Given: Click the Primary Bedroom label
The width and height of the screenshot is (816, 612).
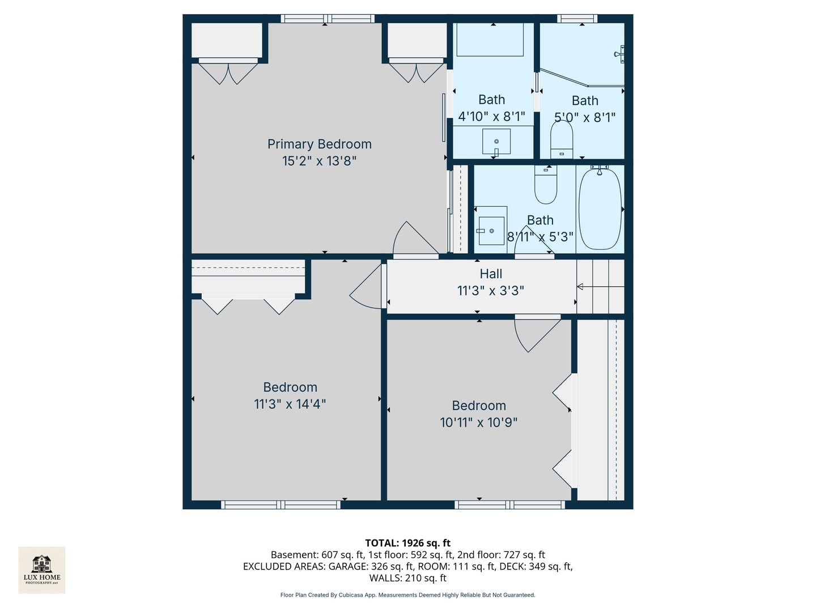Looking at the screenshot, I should point(319,144).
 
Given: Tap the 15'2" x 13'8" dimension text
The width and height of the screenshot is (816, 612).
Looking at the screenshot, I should point(319,161).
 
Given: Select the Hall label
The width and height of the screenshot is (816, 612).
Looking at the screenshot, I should point(491,274).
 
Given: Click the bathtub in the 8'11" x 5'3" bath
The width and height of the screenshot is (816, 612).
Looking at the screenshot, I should point(600,209).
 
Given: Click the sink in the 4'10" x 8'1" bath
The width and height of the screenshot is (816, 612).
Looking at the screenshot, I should point(496,141).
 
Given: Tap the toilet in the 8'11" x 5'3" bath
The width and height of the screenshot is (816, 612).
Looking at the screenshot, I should point(546,185).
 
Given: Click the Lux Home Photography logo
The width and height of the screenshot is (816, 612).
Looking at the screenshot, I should point(42,569).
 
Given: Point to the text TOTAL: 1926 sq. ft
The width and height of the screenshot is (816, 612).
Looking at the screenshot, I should point(407,543).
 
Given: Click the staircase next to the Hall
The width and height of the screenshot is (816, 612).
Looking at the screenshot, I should point(601,287).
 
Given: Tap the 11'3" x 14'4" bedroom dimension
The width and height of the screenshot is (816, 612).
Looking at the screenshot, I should point(290,404).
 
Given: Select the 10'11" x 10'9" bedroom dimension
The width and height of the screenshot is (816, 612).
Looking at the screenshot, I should point(479,422).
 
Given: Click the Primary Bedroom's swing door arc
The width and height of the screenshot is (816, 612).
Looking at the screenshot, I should point(414,238).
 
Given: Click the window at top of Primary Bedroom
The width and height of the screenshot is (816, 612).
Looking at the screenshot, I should point(328,19).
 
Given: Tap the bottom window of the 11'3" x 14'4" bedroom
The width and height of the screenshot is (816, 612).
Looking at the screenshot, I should point(280,505).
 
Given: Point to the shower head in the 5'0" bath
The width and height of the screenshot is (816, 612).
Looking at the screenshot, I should point(619,54).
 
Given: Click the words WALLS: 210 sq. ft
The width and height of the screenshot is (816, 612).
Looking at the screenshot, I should point(407,578).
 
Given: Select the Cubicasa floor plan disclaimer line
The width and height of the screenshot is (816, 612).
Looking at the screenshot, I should point(407,595).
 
